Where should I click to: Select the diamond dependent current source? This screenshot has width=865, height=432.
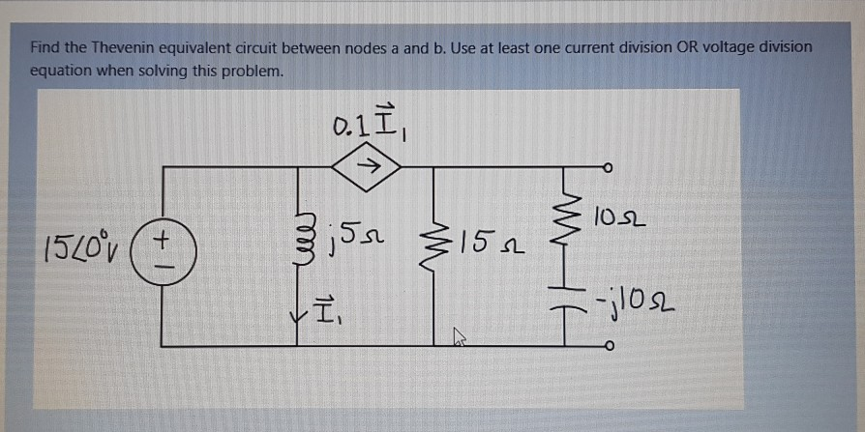367,166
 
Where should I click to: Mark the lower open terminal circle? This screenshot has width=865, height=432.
608,346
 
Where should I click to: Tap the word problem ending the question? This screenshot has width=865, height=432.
254,71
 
